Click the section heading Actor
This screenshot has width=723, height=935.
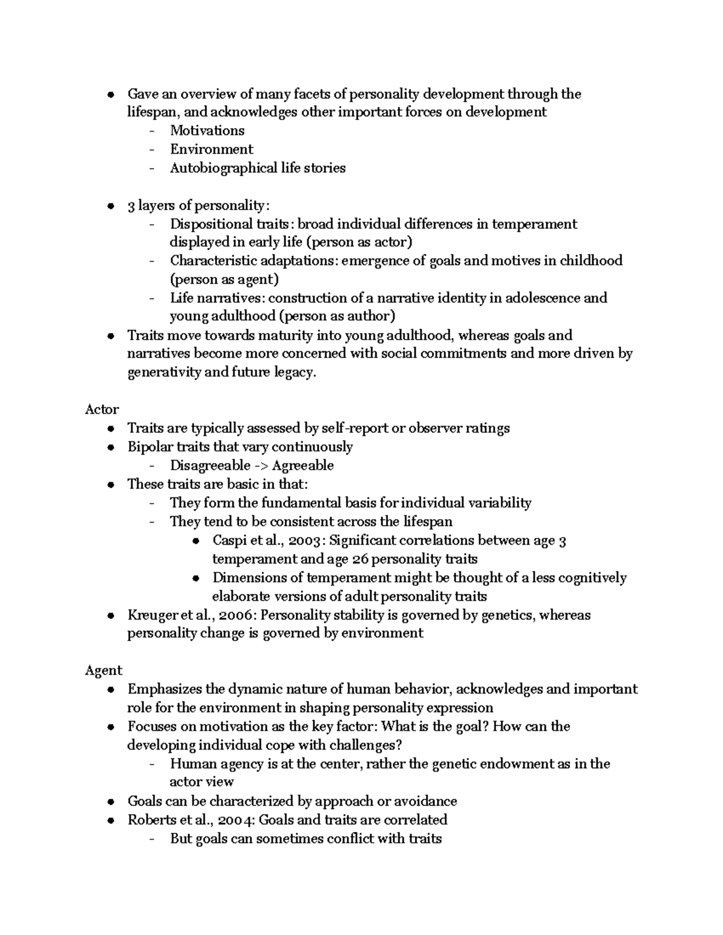102,409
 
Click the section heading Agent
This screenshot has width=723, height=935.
104,671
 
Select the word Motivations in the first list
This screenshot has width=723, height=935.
207,131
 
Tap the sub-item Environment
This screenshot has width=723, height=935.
211,149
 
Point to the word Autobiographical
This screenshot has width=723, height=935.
224,168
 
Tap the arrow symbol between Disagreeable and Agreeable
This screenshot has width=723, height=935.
260,465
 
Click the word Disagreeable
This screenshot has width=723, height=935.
210,465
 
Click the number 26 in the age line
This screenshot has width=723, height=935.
360,559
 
